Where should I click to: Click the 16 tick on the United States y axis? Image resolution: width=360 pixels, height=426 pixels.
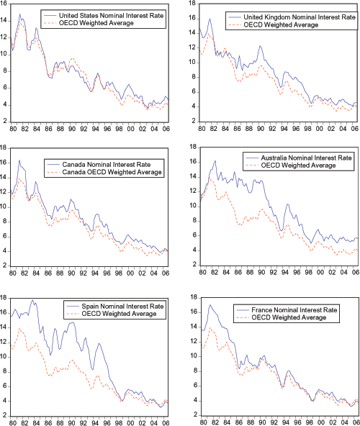click(x=4, y=5)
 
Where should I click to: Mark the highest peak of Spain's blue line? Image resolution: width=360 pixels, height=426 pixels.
click(x=32, y=299)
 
